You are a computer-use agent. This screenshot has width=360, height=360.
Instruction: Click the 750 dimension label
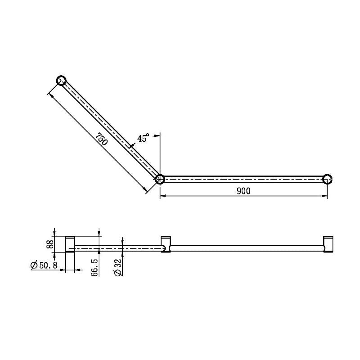[x=102, y=139]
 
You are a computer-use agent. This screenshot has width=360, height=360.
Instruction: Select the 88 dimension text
[x=50, y=244]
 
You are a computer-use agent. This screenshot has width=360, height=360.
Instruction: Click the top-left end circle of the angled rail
[x=62, y=81]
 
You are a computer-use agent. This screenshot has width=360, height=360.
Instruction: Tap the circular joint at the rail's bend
[x=160, y=179]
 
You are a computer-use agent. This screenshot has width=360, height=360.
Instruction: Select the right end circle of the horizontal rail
[x=328, y=179]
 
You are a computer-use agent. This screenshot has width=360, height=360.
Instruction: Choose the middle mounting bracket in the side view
[x=166, y=244]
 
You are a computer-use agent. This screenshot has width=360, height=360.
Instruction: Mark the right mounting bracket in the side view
[x=328, y=244]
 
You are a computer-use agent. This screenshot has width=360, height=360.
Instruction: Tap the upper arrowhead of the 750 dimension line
[x=50, y=96]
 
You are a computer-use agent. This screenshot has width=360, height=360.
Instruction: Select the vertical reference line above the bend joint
[x=160, y=153]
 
